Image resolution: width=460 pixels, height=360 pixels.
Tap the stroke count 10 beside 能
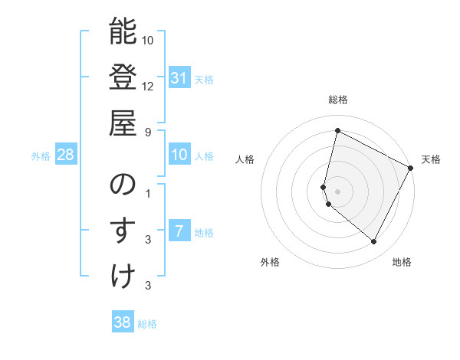pyautogui.click(x=148, y=40)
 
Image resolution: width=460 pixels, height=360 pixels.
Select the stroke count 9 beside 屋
pyautogui.click(x=148, y=131)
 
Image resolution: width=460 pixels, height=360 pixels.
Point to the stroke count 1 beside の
pyautogui.click(x=148, y=194)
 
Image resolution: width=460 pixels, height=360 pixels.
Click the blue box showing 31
pyautogui.click(x=179, y=77)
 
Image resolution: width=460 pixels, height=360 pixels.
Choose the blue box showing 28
pyautogui.click(x=66, y=155)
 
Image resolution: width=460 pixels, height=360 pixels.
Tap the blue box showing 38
pyautogui.click(x=122, y=322)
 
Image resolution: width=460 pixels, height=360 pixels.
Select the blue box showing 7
pyautogui.click(x=179, y=231)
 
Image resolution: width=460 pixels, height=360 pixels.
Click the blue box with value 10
pyautogui.click(x=179, y=155)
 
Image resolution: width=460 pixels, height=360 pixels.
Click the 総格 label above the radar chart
pyautogui.click(x=337, y=100)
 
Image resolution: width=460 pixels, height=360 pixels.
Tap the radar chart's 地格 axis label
pyautogui.click(x=402, y=262)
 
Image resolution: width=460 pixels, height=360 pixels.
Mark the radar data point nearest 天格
pyautogui.click(x=411, y=169)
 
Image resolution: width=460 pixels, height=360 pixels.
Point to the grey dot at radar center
pyautogui.click(x=337, y=191)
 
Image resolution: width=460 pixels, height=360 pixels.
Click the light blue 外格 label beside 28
pyautogui.click(x=41, y=156)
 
